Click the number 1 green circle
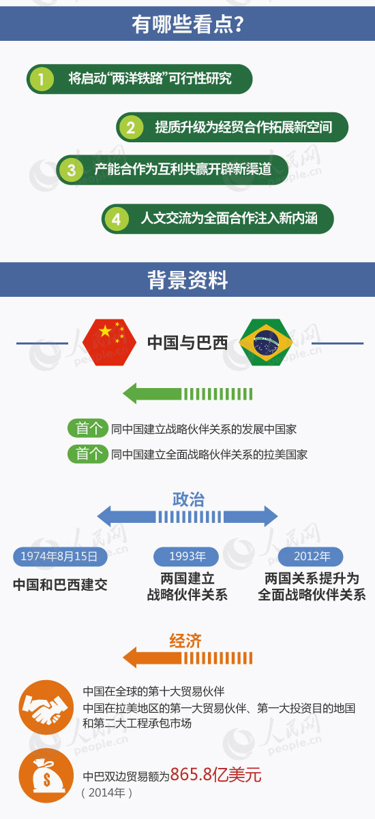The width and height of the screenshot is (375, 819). coord(42,78)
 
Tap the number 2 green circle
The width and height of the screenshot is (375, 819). coord(130,127)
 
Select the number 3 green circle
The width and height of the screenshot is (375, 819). coord(71,170)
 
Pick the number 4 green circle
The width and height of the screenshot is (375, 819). coord(117,219)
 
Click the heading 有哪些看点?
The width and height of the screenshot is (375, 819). coord(187,25)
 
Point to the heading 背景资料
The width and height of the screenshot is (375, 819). coord(187,280)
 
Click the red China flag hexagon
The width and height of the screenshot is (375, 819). coord(110,342)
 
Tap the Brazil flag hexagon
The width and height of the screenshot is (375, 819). coord(266,342)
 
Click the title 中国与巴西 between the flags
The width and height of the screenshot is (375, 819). coord(187,342)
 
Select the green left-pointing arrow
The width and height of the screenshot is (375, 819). coord(187,394)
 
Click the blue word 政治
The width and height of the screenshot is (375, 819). coord(188,499)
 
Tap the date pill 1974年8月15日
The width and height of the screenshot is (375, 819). coord(60,556)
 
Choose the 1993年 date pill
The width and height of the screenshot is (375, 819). coord(186,556)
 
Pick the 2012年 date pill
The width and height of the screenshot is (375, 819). coord(310,556)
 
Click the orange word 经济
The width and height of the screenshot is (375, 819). coord(185,641)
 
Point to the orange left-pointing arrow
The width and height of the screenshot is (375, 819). coord(187,658)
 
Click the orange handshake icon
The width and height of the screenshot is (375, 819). coord(46,707)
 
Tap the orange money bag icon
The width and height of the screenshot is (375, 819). coord(46,775)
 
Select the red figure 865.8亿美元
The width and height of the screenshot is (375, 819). coord(215,775)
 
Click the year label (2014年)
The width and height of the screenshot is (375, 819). coord(106,792)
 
